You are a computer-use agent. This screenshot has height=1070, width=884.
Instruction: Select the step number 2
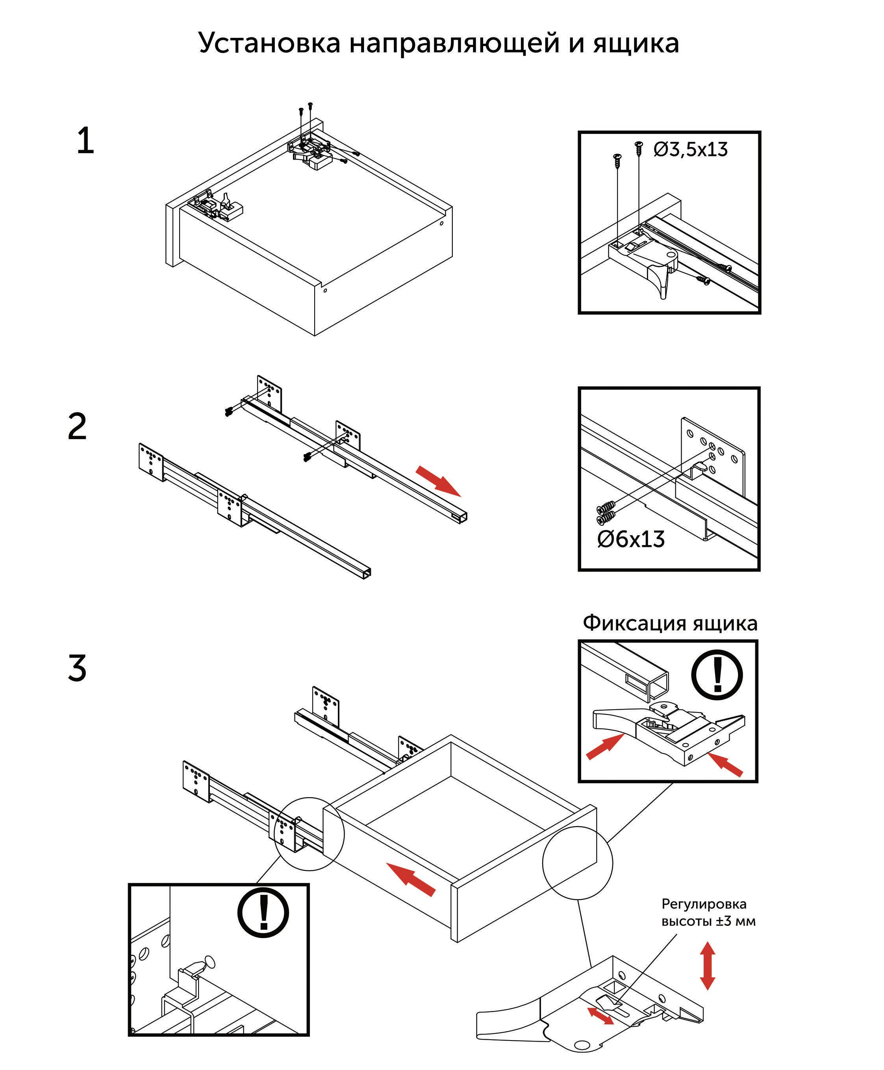coord(78,427)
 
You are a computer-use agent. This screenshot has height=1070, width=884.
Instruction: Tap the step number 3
coord(78,668)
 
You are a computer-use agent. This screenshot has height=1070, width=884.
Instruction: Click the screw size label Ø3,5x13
coord(691,150)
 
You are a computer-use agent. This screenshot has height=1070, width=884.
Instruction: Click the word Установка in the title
coord(269,43)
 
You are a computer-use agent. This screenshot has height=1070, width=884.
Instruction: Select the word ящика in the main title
coord(636,44)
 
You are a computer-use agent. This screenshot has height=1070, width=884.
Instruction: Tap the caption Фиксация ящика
coord(670,623)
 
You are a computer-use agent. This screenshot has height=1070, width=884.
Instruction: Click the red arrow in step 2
coord(438,480)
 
